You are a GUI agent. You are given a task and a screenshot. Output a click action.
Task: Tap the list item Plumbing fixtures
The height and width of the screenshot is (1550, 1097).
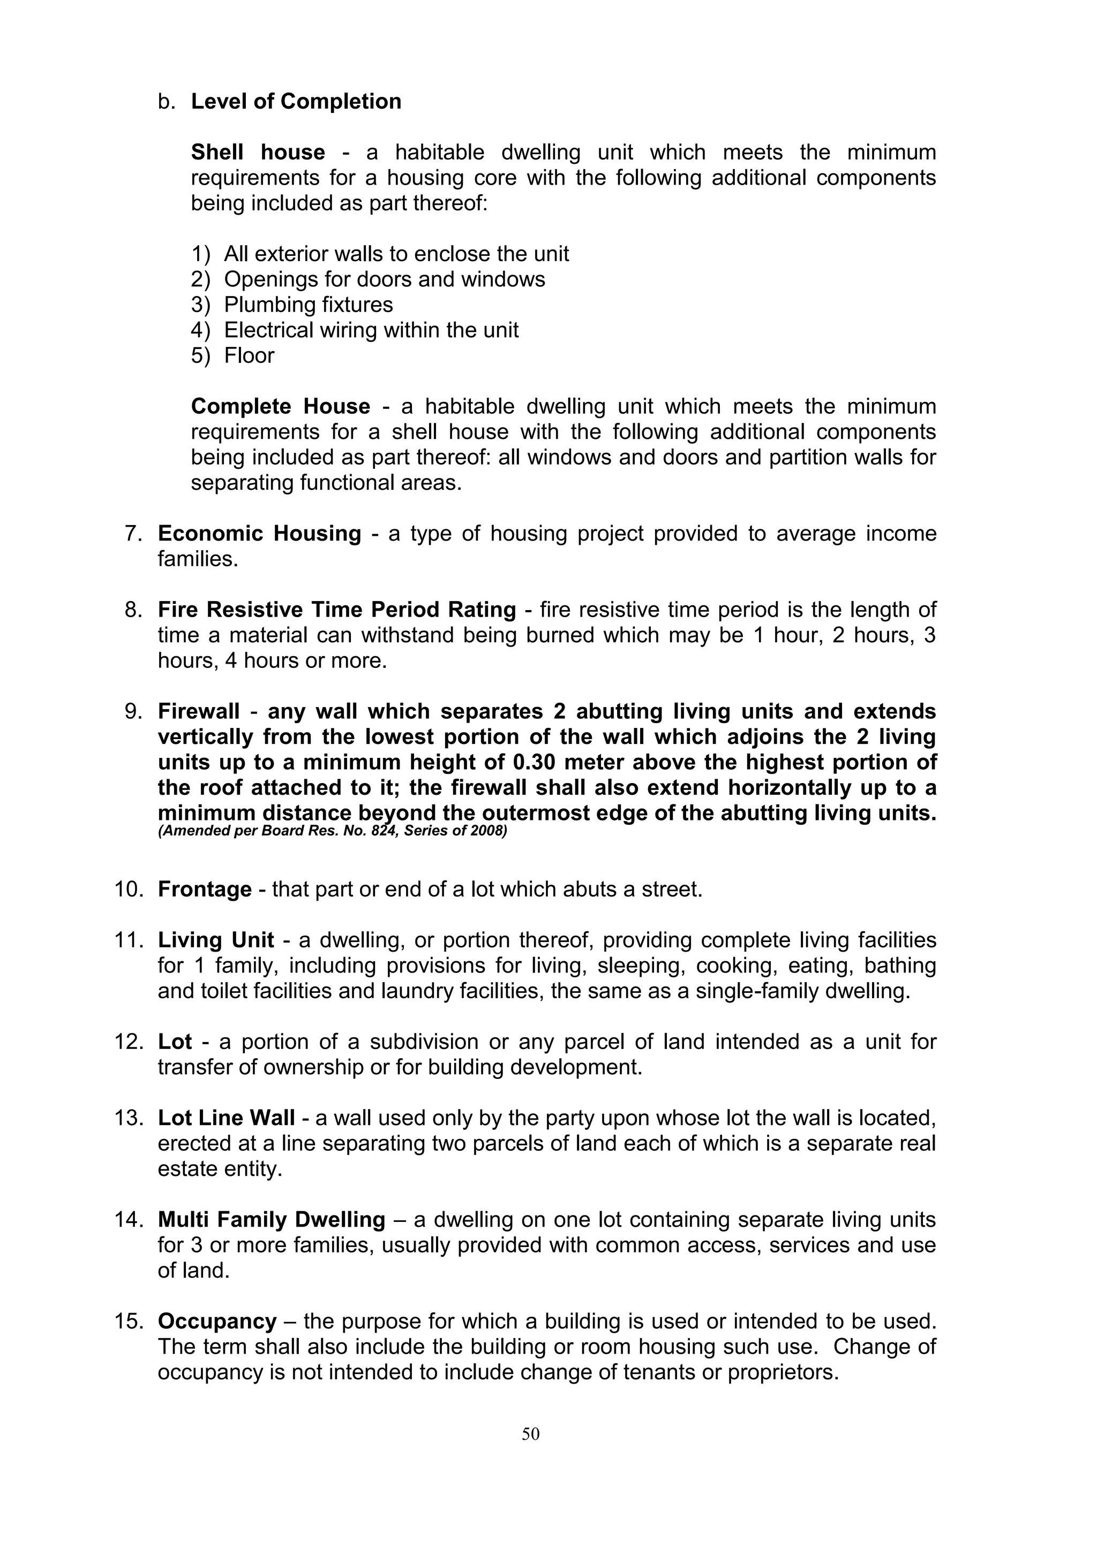[308, 305]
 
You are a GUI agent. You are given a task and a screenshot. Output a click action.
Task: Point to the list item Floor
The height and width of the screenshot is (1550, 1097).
[249, 356]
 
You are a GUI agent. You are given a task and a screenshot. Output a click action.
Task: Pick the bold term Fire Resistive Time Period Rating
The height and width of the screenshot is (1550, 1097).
[336, 610]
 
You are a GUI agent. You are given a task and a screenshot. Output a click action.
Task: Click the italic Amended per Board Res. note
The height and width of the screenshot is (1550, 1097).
[332, 831]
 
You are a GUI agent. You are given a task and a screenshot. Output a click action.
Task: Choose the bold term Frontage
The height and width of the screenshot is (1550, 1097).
[205, 889]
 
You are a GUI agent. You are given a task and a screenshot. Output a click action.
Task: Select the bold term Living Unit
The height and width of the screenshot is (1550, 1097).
[215, 940]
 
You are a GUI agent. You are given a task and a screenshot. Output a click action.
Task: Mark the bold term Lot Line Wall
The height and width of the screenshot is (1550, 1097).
[226, 1118]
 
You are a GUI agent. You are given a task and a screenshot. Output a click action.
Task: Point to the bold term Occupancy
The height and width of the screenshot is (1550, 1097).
[217, 1321]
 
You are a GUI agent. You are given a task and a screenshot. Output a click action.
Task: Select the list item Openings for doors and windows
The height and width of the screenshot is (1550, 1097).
[385, 279]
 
